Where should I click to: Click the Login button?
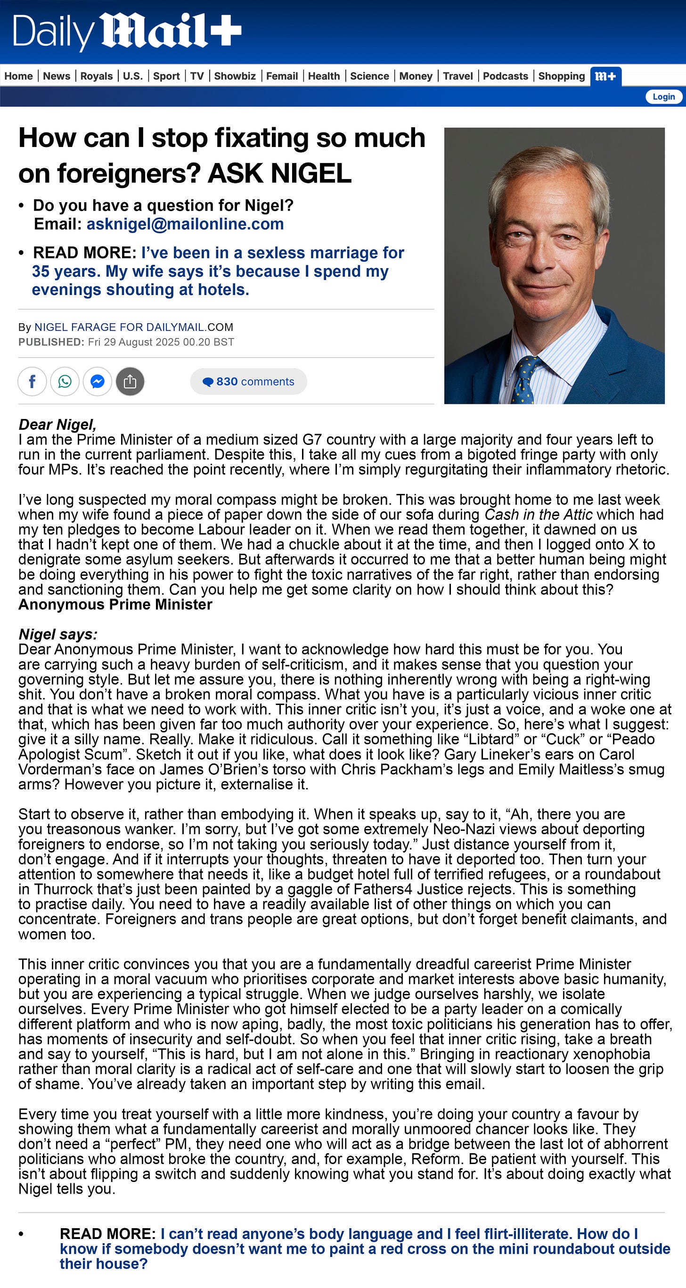(x=663, y=97)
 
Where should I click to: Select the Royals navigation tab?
(x=97, y=76)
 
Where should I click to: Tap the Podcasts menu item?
(x=505, y=76)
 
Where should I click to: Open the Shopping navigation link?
(x=561, y=76)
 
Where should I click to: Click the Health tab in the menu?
(x=324, y=76)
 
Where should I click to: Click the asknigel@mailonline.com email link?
(x=185, y=224)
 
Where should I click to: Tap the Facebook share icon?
(x=33, y=382)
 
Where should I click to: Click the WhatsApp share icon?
(x=65, y=382)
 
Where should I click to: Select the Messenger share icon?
(x=98, y=382)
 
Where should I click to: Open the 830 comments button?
(x=248, y=382)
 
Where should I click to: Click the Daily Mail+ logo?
(x=127, y=32)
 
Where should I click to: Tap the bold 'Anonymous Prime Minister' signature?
(x=115, y=605)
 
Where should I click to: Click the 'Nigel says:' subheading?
(x=58, y=634)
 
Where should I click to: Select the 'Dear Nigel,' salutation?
(x=57, y=425)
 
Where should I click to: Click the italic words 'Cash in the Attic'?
(x=538, y=515)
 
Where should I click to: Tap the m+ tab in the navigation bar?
(x=605, y=76)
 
